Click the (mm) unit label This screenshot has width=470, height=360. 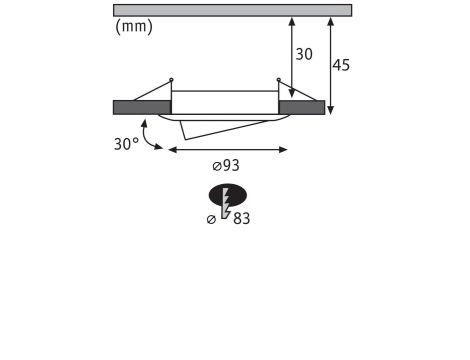coord(134,27)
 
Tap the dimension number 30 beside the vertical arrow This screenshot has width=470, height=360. coord(304,55)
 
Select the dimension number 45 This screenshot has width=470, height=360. coord(341,65)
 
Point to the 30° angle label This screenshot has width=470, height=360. coord(126,144)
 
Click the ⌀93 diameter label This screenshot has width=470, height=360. coord(226,165)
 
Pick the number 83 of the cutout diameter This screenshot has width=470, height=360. coord(242,219)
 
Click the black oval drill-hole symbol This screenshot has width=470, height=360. coord(228,195)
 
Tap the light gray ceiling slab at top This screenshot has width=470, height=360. coord(232,10)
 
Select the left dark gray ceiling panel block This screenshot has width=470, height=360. coord(142,107)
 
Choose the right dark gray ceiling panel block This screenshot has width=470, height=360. coord(302,107)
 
